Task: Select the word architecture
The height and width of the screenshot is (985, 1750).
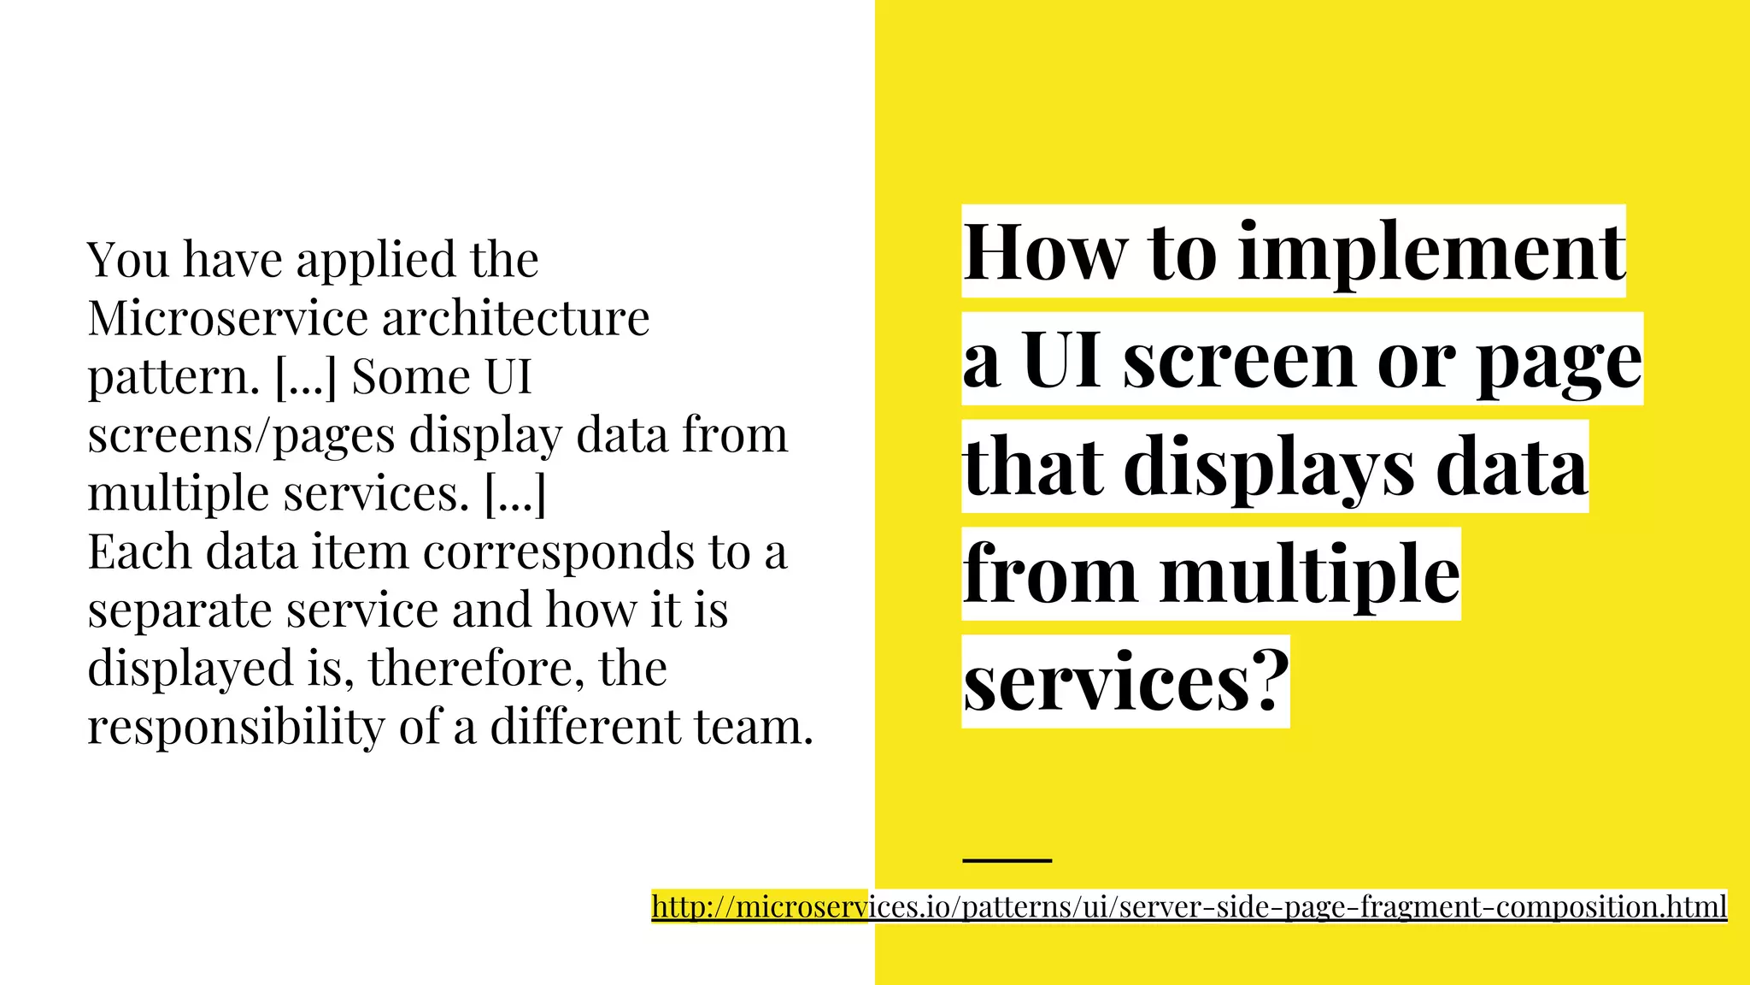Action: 515,318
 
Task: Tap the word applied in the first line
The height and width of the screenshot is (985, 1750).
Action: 375,261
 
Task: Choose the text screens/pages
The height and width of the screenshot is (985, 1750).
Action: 241,436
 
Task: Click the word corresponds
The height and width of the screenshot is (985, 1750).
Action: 559,553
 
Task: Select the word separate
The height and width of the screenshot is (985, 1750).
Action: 179,611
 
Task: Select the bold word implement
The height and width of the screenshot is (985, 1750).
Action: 1432,254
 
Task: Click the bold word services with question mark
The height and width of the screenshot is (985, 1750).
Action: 1125,682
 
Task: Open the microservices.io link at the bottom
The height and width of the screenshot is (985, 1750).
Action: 1189,906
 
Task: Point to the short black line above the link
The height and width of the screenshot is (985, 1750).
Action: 1007,860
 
